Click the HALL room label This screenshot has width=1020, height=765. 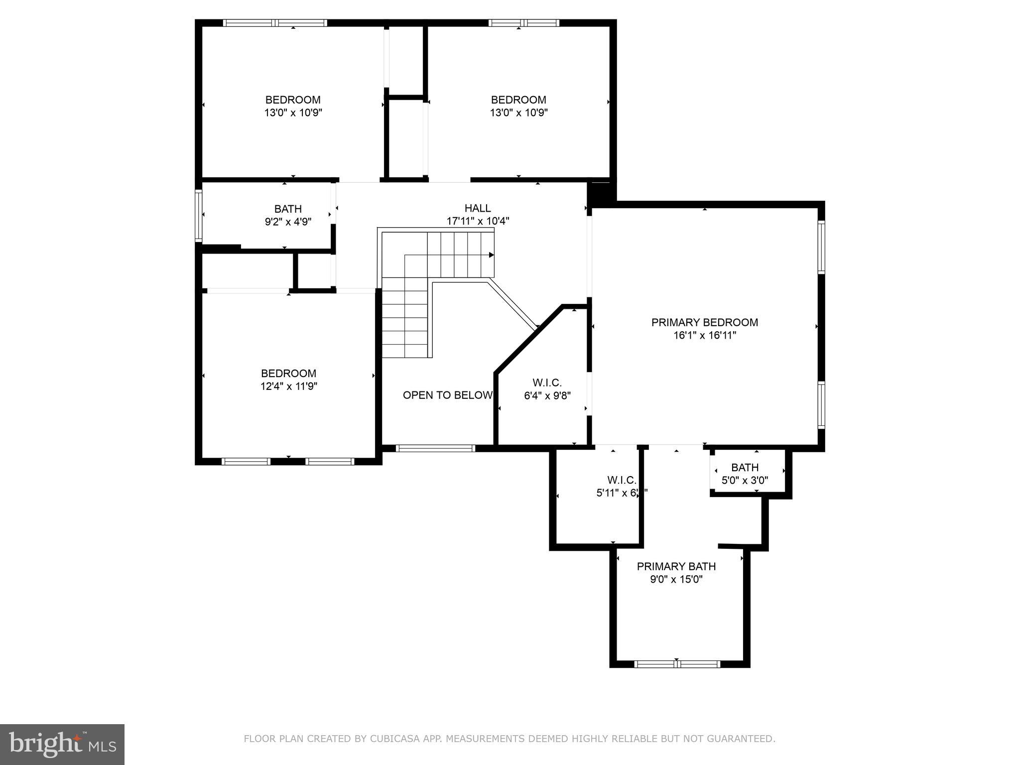477,208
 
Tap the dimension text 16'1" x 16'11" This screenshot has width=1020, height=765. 704,336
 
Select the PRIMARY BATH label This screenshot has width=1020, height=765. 676,566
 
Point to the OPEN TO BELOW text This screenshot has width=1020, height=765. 447,395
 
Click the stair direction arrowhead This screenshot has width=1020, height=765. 491,255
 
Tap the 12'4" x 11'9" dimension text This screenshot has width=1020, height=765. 288,386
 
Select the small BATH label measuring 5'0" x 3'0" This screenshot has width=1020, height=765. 745,468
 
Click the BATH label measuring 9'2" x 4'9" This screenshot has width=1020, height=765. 288,209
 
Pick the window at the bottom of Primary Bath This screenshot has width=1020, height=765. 677,663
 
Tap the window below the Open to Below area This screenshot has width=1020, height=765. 435,448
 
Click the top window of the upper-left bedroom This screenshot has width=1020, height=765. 274,23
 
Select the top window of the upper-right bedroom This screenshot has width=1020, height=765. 523,23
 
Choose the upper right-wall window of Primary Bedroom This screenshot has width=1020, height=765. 821,247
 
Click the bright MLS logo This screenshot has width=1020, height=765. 62,744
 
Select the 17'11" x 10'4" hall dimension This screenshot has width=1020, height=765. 477,222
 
